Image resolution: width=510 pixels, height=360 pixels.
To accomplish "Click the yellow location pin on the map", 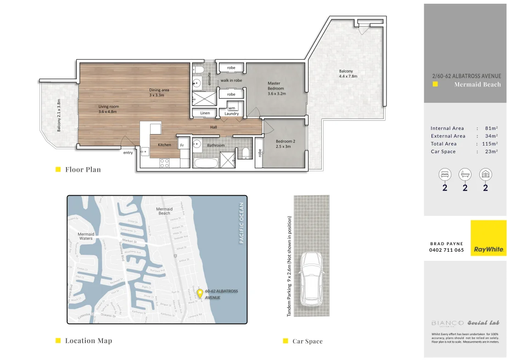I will (200, 293).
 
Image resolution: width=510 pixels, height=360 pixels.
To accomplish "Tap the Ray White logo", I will (488, 238).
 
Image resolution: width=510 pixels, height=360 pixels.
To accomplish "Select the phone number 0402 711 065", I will (447, 250).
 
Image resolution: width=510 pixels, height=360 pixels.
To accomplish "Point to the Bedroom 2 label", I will (285, 144).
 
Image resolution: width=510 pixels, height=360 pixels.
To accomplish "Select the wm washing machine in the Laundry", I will (231, 108).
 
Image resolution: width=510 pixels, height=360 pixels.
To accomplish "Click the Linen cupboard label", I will (205, 113).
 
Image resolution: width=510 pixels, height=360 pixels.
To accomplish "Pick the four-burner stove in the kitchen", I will (164, 162).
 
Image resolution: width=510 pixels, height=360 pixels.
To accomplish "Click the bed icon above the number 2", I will (444, 174).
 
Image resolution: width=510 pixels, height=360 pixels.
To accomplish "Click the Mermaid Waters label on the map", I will (85, 236).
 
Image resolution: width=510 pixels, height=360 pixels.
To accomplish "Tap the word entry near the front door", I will (128, 153).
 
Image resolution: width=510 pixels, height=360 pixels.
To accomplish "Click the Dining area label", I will (159, 92).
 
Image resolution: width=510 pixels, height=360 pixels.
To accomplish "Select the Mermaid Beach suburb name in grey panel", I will (477, 84).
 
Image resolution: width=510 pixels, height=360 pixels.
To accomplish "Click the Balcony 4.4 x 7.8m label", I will (347, 73).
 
